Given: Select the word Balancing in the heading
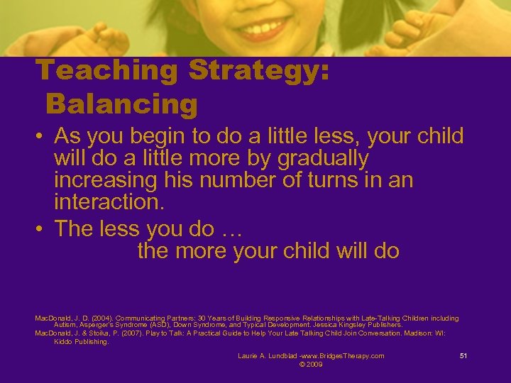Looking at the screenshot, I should coord(121,105).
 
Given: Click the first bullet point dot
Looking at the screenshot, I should coord(40,136).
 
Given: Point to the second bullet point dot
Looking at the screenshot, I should coord(40,229).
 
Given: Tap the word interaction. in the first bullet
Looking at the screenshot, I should coord(109,203).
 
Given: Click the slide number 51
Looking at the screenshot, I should coord(463,355).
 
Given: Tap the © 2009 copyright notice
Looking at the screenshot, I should coord(311,364).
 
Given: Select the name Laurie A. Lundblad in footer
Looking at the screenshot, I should coord(268,355).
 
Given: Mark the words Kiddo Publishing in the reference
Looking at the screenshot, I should coord(81,341).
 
